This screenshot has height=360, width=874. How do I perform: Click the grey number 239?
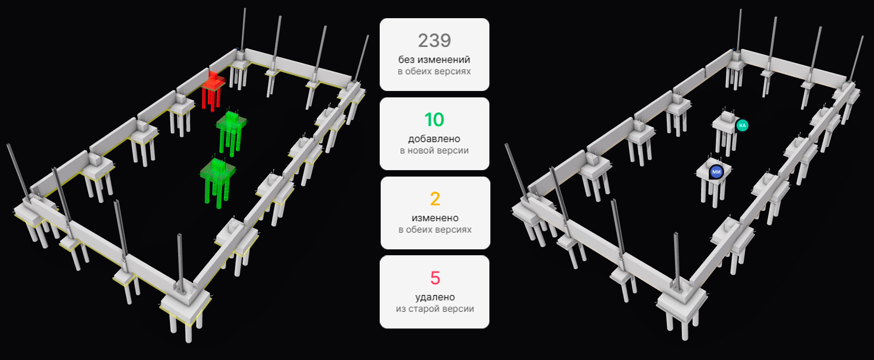click(434, 40)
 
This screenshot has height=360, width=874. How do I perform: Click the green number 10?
click(434, 120)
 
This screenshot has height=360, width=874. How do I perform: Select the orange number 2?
click(435, 199)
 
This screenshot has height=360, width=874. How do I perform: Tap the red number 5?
click(435, 278)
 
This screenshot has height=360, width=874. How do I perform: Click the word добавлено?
click(434, 139)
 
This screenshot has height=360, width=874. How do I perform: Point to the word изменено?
click(435, 218)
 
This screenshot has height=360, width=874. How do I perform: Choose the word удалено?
click(435, 297)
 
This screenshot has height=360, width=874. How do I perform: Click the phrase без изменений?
click(434, 60)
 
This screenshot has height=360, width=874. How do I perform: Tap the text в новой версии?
click(434, 150)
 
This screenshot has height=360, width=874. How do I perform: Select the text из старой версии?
click(435, 309)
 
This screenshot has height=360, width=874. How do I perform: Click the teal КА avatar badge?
click(742, 125)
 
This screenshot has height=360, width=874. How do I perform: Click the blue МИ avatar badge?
click(716, 172)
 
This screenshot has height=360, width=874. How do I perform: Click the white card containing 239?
click(434, 55)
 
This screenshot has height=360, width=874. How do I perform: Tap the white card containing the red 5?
click(434, 292)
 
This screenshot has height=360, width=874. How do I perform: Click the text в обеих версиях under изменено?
click(435, 230)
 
